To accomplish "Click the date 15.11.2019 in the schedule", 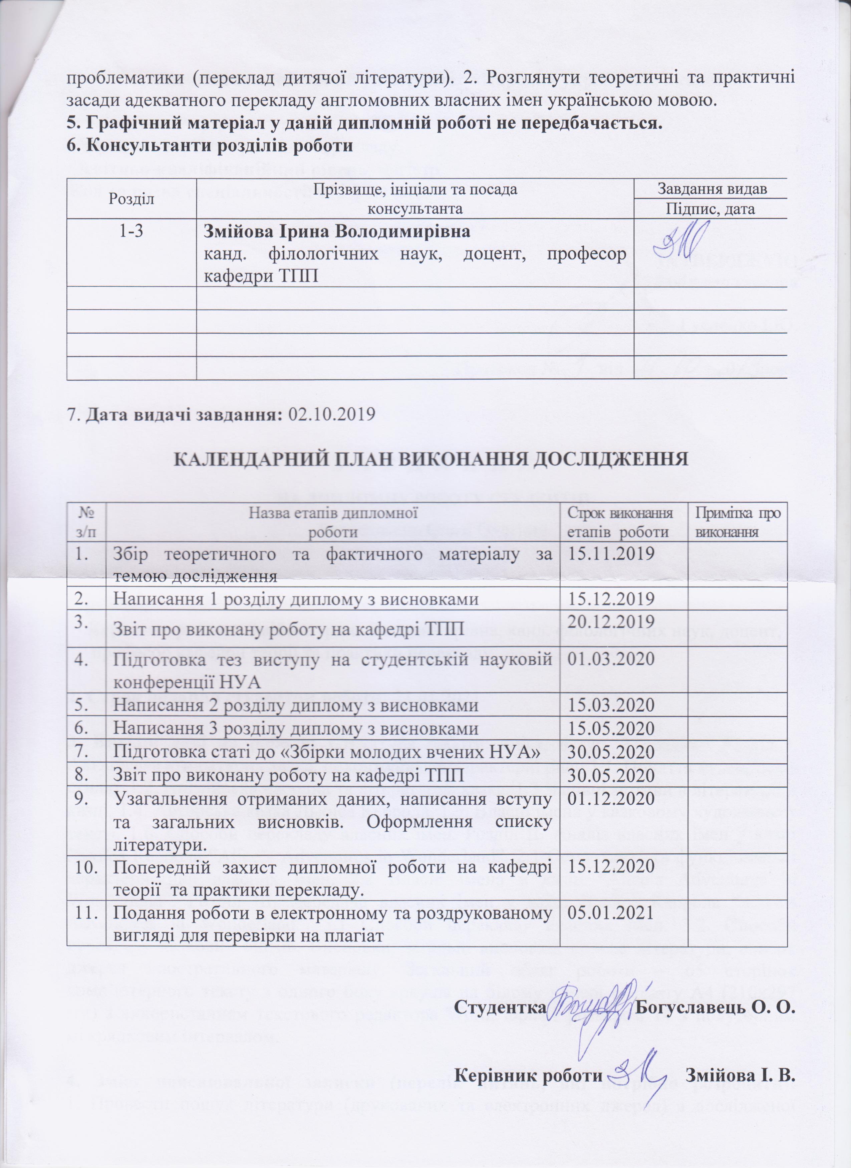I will (610, 554).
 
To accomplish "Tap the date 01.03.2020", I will (610, 659).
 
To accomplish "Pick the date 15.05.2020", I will (610, 729).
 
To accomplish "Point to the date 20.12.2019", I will (610, 622).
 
